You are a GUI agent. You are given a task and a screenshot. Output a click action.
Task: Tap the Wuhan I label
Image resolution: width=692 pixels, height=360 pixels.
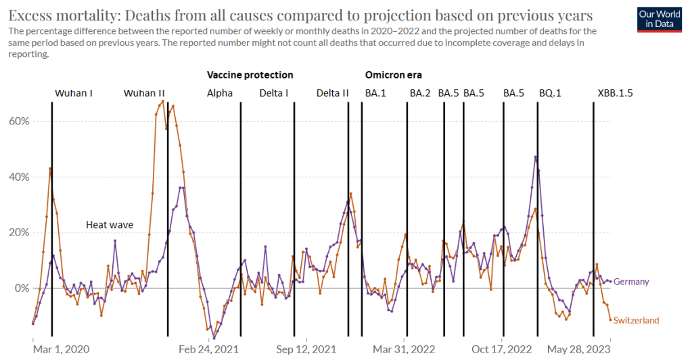pos(74,93)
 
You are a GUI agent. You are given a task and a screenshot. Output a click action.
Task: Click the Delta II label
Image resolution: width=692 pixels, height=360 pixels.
pos(332,93)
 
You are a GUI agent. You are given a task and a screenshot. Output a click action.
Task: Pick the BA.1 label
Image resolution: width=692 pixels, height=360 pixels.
pos(375,93)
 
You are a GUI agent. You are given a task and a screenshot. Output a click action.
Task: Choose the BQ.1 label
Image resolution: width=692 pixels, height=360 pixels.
pos(550,93)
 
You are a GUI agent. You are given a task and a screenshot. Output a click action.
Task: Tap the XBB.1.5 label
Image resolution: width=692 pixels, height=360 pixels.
pos(615,93)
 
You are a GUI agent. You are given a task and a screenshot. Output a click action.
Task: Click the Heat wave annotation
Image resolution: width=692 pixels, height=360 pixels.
pos(109,225)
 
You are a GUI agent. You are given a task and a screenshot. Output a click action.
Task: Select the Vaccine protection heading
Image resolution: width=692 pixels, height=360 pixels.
pos(250,75)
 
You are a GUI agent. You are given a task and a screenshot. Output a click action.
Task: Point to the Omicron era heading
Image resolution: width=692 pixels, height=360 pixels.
pos(394,75)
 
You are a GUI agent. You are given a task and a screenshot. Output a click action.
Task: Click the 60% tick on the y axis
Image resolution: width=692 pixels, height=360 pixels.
pos(18,121)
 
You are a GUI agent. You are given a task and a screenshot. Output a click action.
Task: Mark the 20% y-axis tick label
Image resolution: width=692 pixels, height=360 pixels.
pos(18,232)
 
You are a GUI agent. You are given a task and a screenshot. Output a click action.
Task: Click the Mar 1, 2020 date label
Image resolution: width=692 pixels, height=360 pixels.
pos(61,349)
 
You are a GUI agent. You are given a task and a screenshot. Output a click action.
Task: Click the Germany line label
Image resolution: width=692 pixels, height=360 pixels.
pos(632,282)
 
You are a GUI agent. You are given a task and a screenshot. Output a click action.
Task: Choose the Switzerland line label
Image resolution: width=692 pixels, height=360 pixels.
pos(636,321)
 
